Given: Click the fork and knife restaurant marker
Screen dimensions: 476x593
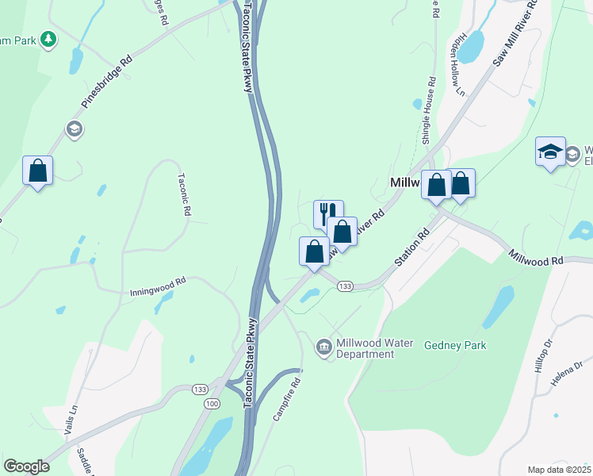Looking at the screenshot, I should tap(328, 213).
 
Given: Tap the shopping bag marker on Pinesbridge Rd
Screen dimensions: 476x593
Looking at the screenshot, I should tap(37, 171).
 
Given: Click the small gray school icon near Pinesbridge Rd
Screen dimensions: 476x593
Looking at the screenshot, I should tap(75, 129).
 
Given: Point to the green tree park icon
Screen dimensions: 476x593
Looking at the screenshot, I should tap(48, 39).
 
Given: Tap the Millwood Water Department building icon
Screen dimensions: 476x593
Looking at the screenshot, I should tap(323, 347).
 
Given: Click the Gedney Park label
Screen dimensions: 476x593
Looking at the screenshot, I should tap(455, 345).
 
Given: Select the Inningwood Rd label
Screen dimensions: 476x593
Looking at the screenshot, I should tap(158, 286).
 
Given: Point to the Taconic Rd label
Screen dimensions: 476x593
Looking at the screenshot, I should tap(185, 195).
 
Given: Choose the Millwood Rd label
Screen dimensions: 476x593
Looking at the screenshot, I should tap(536, 258).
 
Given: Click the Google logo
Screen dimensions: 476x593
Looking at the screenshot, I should tap(26, 466).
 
